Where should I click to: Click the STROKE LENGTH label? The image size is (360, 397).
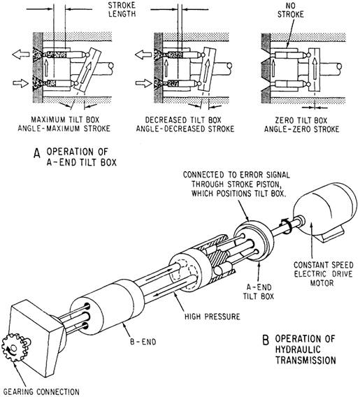[122, 9]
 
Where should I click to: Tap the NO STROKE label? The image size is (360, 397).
[290, 10]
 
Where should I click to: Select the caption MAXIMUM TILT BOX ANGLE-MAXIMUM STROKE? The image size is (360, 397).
[64, 124]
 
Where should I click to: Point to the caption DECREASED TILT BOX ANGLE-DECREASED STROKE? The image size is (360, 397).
[185, 124]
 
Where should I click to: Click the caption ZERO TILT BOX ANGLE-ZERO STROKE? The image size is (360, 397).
[301, 124]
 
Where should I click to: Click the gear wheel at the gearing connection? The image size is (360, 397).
[15, 347]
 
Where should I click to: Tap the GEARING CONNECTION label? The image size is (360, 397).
[41, 391]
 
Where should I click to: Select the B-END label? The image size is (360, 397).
[143, 342]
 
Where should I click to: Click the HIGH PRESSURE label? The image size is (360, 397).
[212, 317]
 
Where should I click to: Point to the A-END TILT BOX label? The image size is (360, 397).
[259, 291]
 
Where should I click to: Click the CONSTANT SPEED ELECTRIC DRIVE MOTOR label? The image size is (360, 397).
[323, 274]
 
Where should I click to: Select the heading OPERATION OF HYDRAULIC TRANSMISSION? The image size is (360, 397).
[305, 349]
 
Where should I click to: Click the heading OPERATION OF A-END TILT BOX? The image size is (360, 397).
[82, 157]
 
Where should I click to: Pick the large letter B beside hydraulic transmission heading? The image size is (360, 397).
[266, 340]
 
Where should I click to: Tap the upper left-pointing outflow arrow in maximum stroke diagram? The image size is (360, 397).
[21, 55]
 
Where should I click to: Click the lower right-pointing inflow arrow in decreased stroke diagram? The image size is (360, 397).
[143, 83]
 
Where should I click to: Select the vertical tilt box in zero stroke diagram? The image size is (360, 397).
[314, 70]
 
